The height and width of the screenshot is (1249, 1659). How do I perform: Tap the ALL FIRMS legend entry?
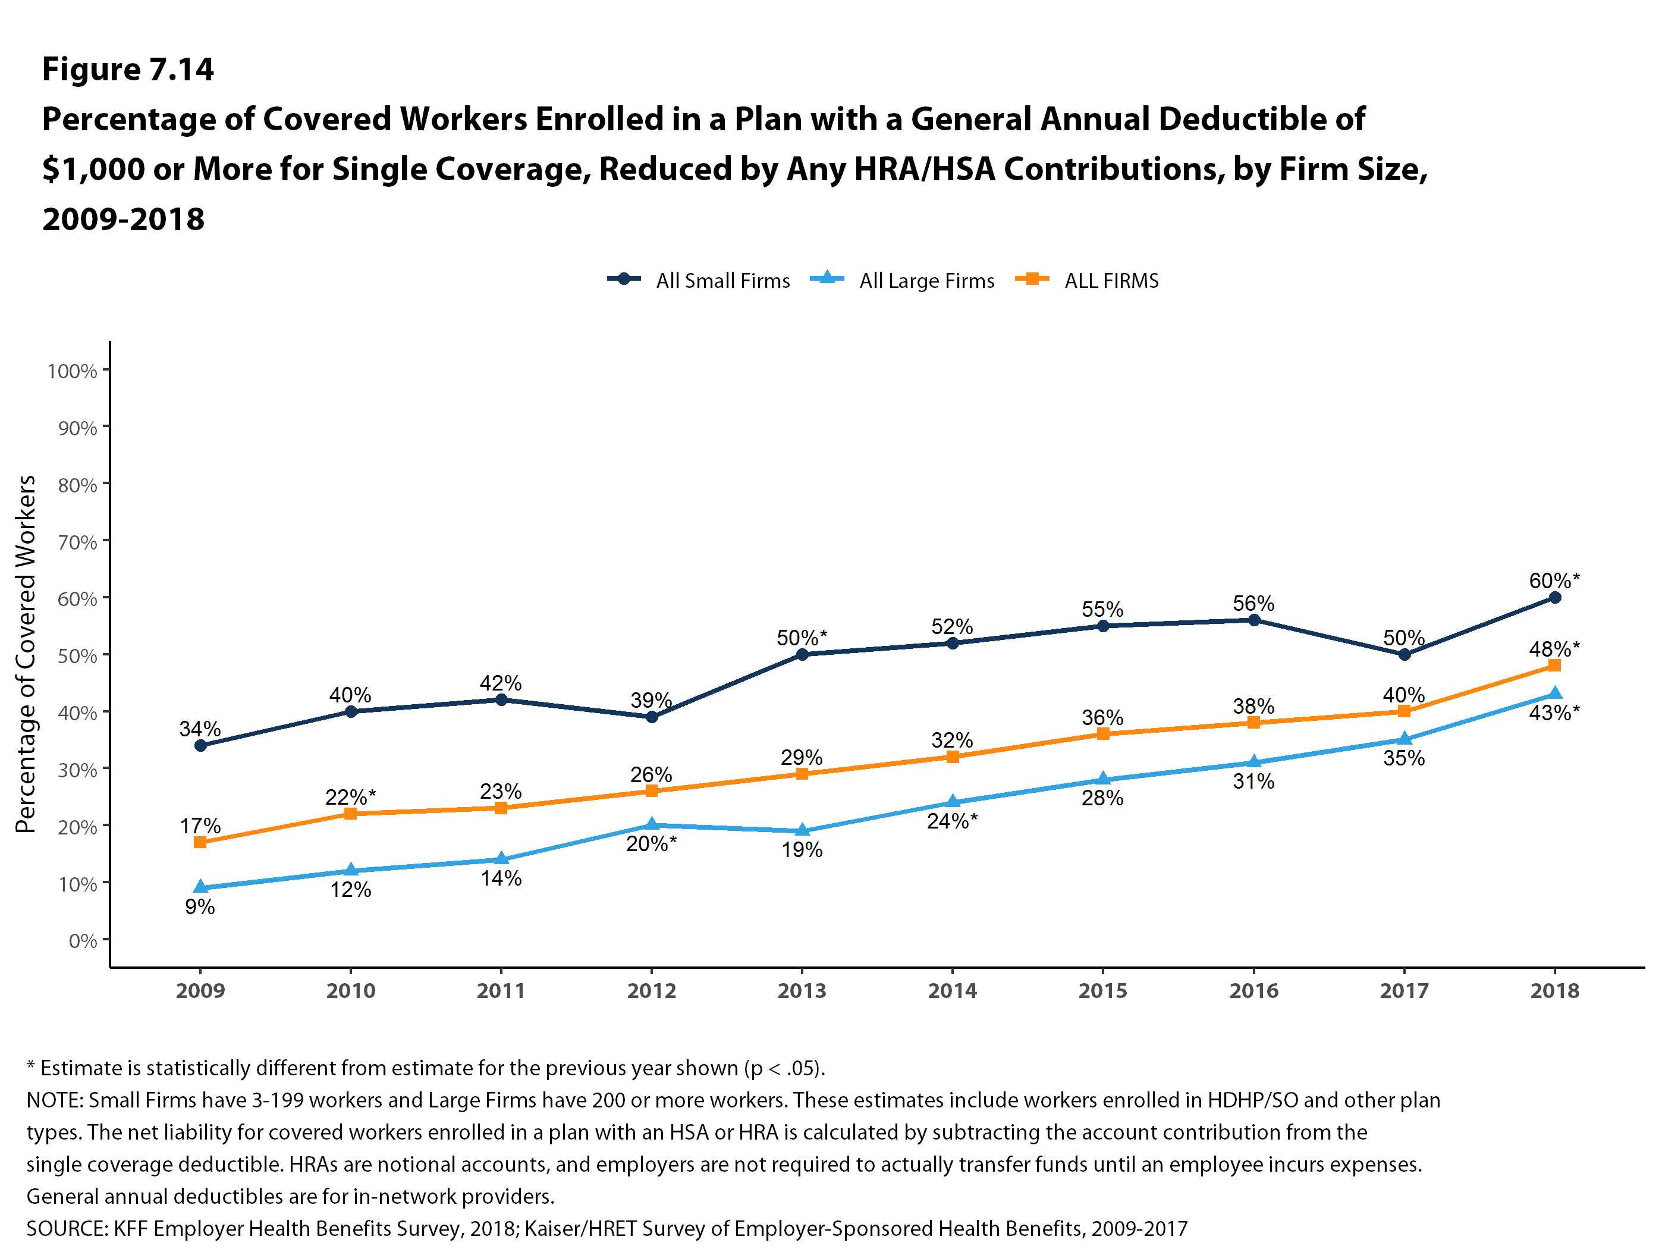coord(1111,281)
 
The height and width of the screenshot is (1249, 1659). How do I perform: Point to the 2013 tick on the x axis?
coord(802,990)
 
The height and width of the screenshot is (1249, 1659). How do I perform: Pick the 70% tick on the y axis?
coord(77,542)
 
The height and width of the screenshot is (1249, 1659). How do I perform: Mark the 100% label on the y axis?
coord(72,371)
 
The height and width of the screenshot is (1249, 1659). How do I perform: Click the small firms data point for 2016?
coord(1253,620)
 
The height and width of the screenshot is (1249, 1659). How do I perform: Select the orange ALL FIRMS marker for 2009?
coord(200,842)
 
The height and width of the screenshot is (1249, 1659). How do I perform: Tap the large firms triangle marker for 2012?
coord(652,824)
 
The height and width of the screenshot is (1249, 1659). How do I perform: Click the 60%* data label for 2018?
coord(1553,580)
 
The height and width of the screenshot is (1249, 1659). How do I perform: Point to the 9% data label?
coord(200,907)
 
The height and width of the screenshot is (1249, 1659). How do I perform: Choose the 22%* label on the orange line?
coord(350,796)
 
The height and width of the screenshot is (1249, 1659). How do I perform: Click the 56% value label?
coord(1253,603)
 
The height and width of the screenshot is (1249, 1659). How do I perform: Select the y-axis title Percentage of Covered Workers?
coord(26,654)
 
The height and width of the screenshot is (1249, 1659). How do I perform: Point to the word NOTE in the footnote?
coord(55,1100)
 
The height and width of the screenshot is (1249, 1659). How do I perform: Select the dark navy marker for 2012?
coord(652,717)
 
